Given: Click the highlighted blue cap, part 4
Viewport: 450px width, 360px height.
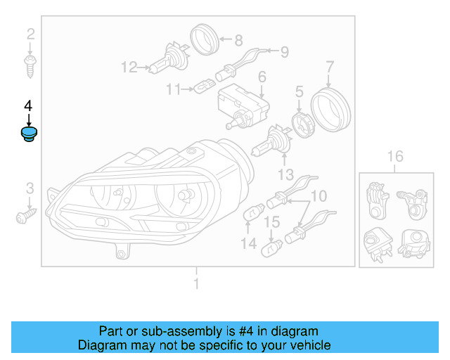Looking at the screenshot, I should coord(29,134).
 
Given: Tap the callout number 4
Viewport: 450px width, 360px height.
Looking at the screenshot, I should coord(28,106).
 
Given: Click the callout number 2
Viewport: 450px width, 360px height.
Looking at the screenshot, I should coord(30,34).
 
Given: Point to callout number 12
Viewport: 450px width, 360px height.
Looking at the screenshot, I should coord(129,67).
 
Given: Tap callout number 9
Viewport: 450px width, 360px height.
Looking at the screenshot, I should coord(285,51).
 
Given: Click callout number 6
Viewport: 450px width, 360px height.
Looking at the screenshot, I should coord(262,77).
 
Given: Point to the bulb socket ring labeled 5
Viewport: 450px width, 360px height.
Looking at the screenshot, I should coord(300,124).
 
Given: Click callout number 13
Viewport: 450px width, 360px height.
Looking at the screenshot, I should coord(285,174).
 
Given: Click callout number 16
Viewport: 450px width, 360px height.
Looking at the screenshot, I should coord(395,156).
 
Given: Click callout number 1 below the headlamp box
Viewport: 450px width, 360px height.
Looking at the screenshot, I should coord(197,284).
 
